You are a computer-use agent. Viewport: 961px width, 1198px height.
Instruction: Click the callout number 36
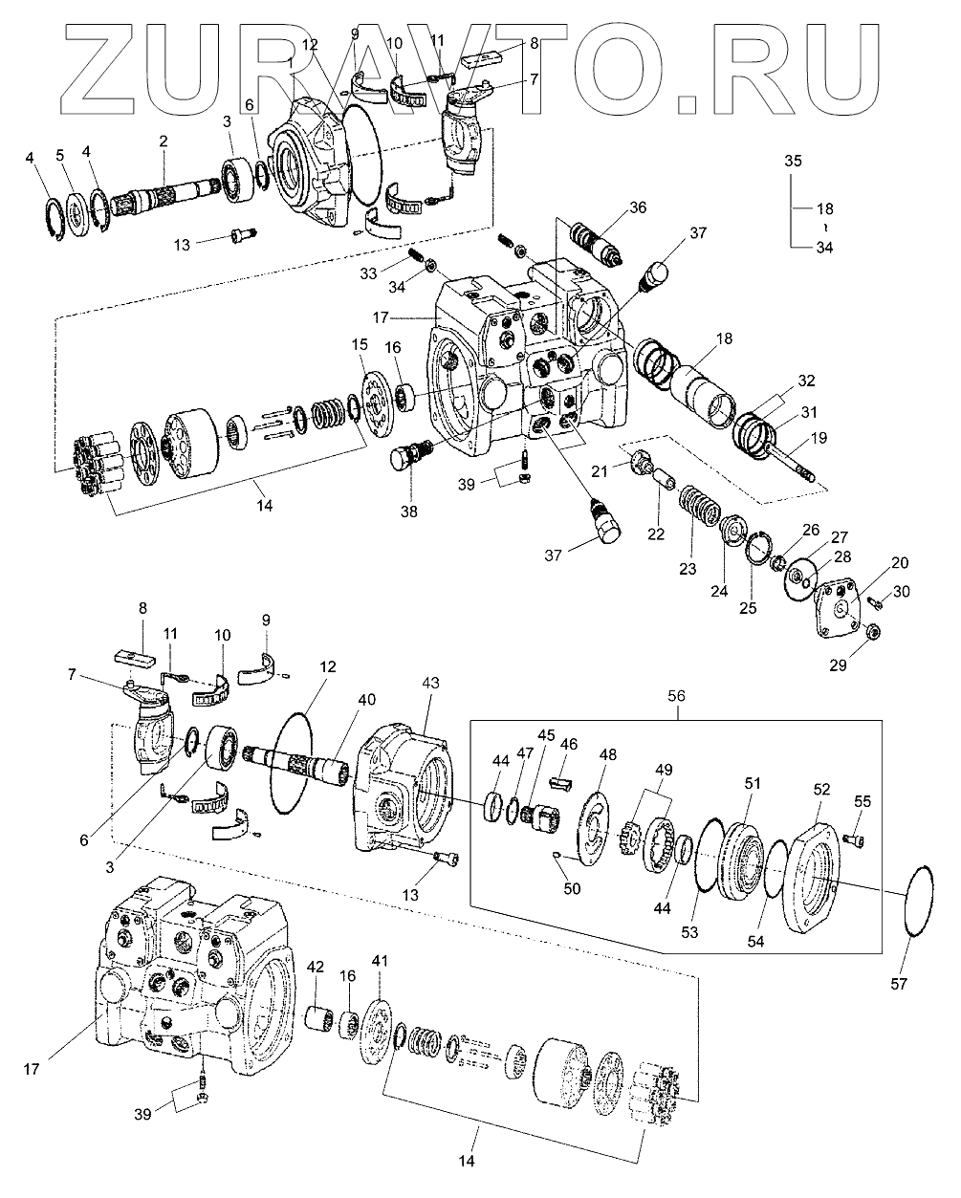pos(638,207)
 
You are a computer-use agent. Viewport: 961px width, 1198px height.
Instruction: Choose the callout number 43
pos(431,683)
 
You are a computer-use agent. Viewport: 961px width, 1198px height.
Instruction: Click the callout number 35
pos(793,160)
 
